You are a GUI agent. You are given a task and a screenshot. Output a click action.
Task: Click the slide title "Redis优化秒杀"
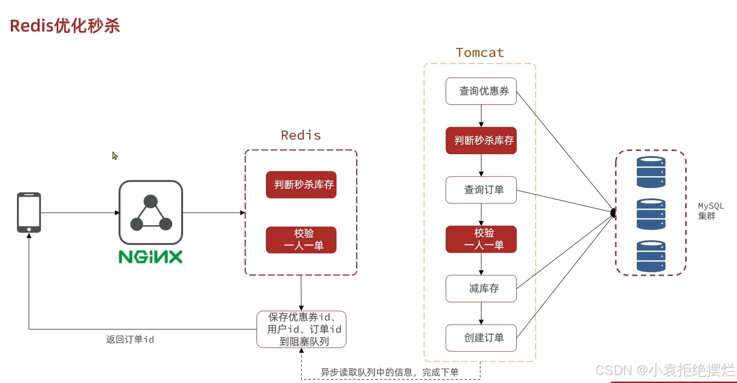pyautogui.click(x=65, y=26)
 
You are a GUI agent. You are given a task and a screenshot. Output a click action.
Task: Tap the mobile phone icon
pyautogui.click(x=29, y=212)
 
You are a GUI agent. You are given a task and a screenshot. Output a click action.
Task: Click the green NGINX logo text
pyautogui.click(x=151, y=257)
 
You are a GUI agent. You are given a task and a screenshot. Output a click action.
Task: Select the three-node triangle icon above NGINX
pyautogui.click(x=151, y=213)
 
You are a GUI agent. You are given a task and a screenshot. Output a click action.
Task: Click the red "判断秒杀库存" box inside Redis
pyautogui.click(x=301, y=185)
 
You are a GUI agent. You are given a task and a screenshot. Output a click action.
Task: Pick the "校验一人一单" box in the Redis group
pyautogui.click(x=301, y=240)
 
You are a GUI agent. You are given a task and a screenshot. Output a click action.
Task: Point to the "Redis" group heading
pyautogui.click(x=301, y=135)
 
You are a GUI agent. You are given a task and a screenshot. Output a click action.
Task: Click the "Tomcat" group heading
pyautogui.click(x=480, y=53)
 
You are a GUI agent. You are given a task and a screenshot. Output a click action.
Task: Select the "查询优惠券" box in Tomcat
pyautogui.click(x=481, y=91)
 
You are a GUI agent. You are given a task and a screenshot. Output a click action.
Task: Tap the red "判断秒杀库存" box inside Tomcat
pyautogui.click(x=481, y=141)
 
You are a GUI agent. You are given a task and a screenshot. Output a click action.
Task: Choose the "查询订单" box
pyautogui.click(x=481, y=190)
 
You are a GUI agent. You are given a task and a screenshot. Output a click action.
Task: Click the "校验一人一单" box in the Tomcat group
pyautogui.click(x=481, y=239)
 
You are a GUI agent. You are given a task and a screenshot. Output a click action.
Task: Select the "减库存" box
pyautogui.click(x=481, y=289)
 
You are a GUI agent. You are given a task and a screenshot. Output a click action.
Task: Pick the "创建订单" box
pyautogui.click(x=481, y=338)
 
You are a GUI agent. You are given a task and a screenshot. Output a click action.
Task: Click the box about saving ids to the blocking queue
pyautogui.click(x=301, y=329)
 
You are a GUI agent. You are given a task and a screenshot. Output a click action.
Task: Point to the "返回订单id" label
pyautogui.click(x=130, y=339)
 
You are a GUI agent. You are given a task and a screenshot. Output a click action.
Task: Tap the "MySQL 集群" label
pyautogui.click(x=710, y=211)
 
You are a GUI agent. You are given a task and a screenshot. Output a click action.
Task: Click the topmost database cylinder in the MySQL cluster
pyautogui.click(x=651, y=172)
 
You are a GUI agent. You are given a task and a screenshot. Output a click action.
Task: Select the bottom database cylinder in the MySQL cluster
pyautogui.click(x=651, y=256)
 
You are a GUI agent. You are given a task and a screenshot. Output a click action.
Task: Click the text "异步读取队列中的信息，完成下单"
pyautogui.click(x=389, y=372)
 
